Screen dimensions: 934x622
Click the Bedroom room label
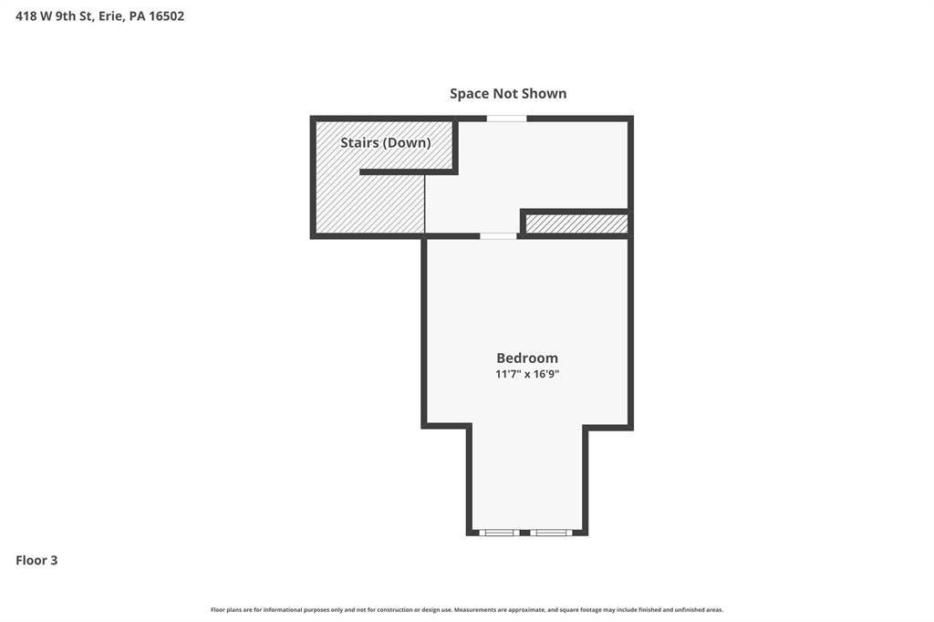point(527,358)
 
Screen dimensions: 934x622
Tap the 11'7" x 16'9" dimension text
point(527,374)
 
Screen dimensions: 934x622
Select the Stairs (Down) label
point(386,142)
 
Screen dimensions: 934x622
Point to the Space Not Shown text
point(508,94)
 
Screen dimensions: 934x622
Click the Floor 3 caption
point(36,560)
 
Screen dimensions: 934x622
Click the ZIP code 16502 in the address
point(166,16)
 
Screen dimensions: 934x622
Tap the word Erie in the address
point(110,16)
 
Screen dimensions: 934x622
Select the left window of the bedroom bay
point(499,533)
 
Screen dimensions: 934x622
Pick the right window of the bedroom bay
point(551,533)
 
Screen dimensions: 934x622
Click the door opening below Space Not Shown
point(506,119)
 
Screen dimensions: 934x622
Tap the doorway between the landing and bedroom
point(498,236)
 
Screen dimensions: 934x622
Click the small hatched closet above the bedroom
point(576,223)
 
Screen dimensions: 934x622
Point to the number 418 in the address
point(26,16)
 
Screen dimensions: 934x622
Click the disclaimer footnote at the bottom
point(467,609)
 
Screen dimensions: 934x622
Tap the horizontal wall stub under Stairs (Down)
point(409,172)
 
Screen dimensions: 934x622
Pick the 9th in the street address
point(66,16)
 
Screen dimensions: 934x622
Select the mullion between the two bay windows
point(524,533)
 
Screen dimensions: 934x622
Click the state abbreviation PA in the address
point(137,16)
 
